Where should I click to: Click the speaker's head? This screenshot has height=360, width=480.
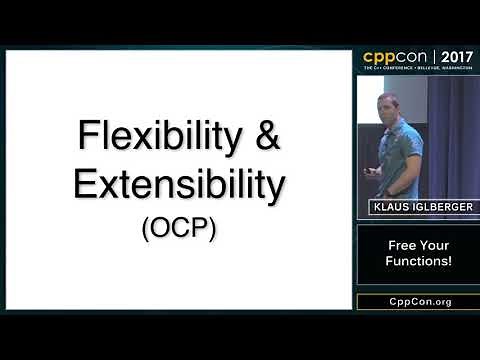(389, 104)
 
